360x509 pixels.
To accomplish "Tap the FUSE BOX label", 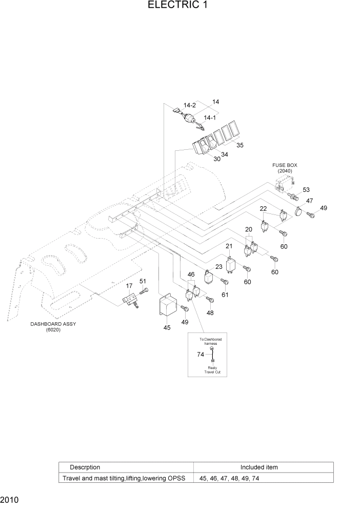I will tap(285, 165).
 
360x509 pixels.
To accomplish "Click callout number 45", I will tap(167, 327).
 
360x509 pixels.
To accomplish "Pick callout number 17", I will tap(130, 286).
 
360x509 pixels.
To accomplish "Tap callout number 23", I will tap(219, 266).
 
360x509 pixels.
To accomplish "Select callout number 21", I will tap(229, 247).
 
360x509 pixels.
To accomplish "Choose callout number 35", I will tap(239, 145).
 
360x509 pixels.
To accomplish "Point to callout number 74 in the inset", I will tap(201, 354).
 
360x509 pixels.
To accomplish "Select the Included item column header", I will tap(259, 467).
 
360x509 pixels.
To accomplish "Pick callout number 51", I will tap(143, 281).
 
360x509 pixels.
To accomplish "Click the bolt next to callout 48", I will tap(209, 299).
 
